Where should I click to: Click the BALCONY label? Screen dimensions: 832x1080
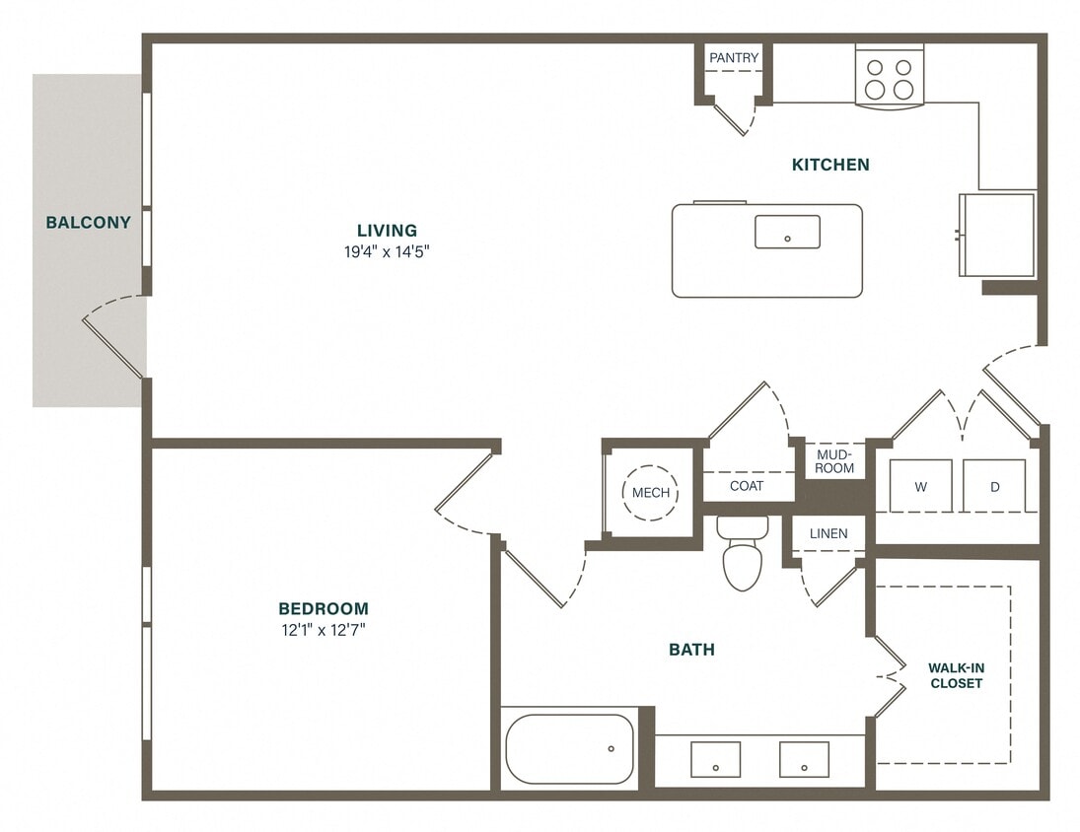pos(88,223)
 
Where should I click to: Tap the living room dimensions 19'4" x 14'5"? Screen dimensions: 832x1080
pos(388,251)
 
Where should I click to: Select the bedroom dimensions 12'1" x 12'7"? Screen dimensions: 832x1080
pos(323,629)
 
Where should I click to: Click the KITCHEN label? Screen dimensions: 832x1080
pos(830,165)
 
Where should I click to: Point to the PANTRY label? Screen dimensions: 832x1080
pos(734,58)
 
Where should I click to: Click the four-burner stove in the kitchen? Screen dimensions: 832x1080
pos(889,78)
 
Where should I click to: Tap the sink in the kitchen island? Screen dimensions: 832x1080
pos(787,232)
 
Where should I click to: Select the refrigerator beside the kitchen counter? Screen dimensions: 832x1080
pos(997,235)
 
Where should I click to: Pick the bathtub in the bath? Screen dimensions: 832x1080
pos(570,748)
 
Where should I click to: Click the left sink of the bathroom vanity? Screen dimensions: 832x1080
pos(715,760)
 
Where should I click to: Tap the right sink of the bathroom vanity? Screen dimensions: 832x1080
pos(804,760)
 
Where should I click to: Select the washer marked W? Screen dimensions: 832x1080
pos(920,486)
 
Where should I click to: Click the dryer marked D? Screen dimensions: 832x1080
pos(994,486)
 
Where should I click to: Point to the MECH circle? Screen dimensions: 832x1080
pos(650,493)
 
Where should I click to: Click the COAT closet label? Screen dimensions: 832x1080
pos(747,486)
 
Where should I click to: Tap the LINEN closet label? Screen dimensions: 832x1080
pos(828,533)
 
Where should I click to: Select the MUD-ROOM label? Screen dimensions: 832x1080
pos(834,460)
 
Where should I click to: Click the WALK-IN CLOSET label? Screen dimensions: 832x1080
pos(956,675)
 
